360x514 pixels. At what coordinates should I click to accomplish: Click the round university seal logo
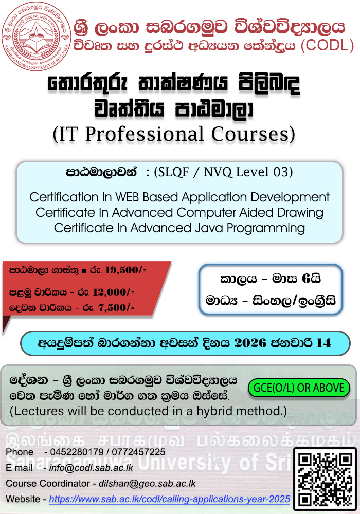click(x=36, y=36)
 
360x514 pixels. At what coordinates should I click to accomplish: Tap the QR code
click(x=325, y=479)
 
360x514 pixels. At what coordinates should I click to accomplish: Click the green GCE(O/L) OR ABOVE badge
click(x=299, y=388)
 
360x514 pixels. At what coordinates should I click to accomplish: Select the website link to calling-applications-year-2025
click(x=170, y=499)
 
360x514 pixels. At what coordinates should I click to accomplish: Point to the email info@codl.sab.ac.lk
click(x=91, y=468)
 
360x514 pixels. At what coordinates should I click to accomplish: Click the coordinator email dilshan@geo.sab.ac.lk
click(x=147, y=484)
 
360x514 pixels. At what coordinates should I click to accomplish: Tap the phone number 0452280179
click(x=77, y=452)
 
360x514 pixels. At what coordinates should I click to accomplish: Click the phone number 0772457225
click(x=139, y=452)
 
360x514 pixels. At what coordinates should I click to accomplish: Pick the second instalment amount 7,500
click(x=112, y=307)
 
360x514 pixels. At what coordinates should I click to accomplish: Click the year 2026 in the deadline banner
click(x=250, y=343)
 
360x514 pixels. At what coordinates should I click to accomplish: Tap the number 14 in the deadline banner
click(x=323, y=343)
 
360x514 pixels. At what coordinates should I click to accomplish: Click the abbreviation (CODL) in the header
click(x=327, y=45)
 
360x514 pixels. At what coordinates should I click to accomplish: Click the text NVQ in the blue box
click(x=218, y=172)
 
